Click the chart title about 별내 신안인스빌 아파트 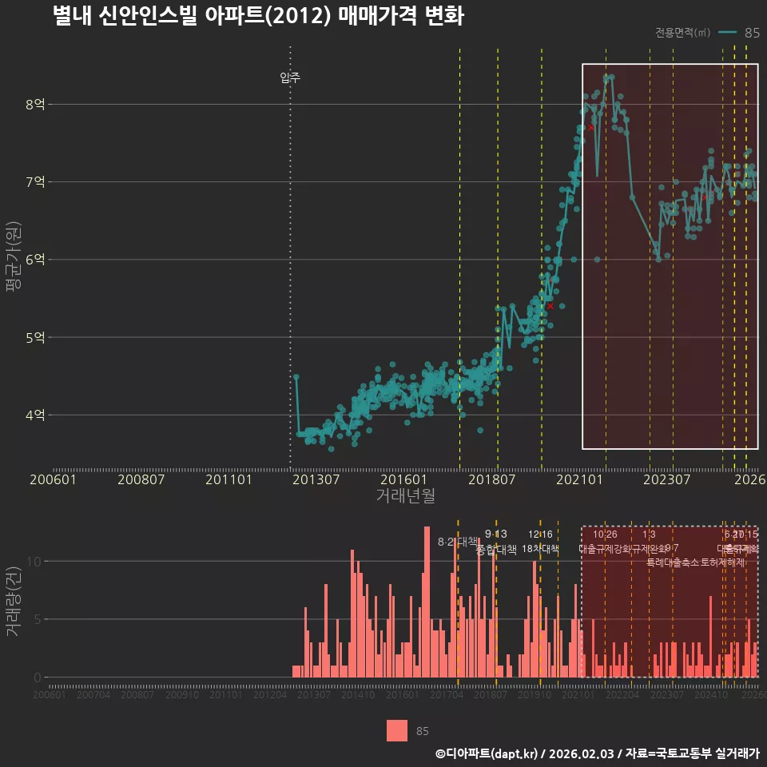pyautogui.click(x=257, y=17)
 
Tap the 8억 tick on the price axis pyautogui.click(x=35, y=104)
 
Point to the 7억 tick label pyautogui.click(x=35, y=181)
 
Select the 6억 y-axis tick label pyautogui.click(x=35, y=260)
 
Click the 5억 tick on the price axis pyautogui.click(x=35, y=337)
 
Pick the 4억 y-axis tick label pyautogui.click(x=35, y=415)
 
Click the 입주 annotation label pyautogui.click(x=290, y=77)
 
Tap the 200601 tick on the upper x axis pyautogui.click(x=53, y=480)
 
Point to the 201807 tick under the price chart pyautogui.click(x=491, y=480)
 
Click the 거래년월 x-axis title pyautogui.click(x=405, y=495)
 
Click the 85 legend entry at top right pyautogui.click(x=751, y=33)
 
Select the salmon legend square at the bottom pyautogui.click(x=397, y=731)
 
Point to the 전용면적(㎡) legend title pyautogui.click(x=682, y=33)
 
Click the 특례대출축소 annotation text pyautogui.click(x=672, y=562)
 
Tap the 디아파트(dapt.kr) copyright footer pyautogui.click(x=597, y=753)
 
